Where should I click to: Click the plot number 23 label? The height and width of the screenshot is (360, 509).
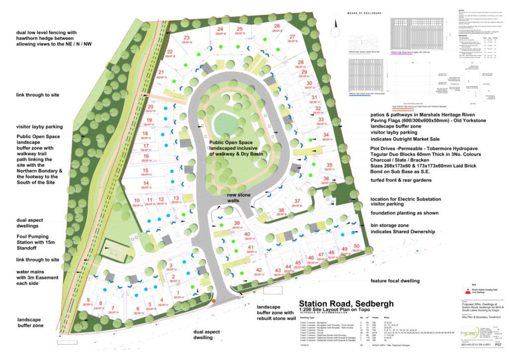(x=186, y=38)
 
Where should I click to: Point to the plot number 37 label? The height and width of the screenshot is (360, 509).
(x=297, y=201)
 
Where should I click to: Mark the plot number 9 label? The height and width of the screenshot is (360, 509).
(x=88, y=299)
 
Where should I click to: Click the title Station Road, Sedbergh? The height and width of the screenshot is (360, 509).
(x=346, y=304)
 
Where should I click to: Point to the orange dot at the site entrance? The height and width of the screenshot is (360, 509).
(x=213, y=300)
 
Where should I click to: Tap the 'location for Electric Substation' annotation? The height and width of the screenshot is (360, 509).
(x=406, y=199)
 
